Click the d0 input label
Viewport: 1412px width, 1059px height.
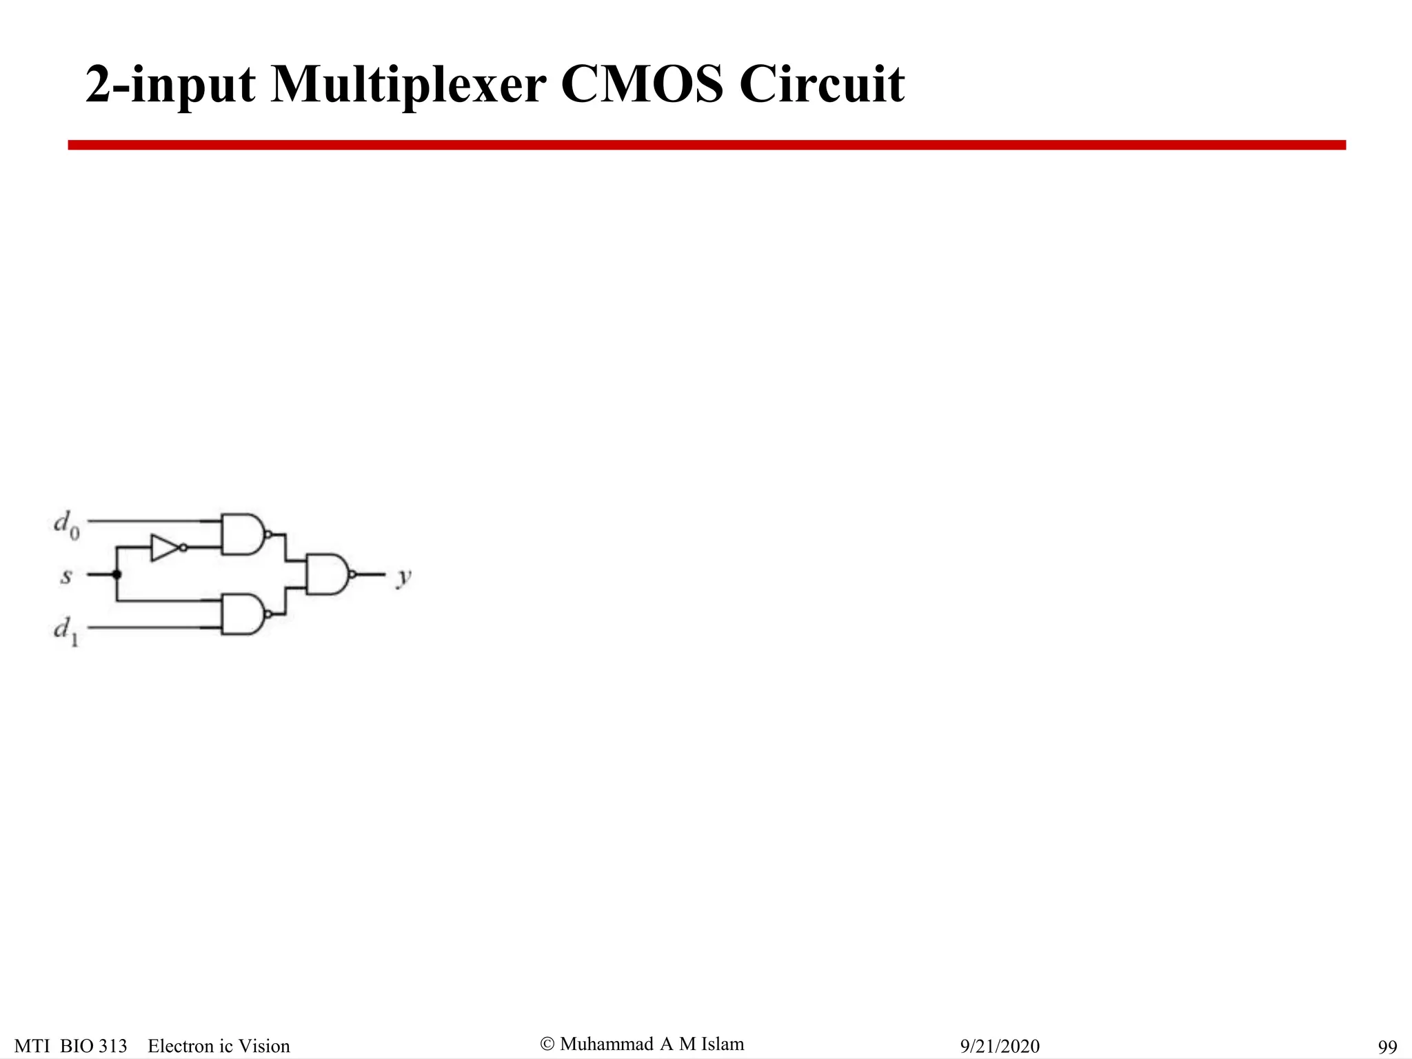tap(66, 525)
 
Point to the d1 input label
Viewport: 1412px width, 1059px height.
tap(66, 630)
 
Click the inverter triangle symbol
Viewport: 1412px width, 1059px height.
tap(165, 547)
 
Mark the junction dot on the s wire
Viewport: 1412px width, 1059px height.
tap(117, 574)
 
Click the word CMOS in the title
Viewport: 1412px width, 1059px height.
tap(642, 84)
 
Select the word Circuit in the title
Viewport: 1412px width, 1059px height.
tap(822, 84)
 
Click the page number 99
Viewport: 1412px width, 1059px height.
tap(1387, 1047)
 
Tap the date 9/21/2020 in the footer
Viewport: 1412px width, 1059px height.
tap(1000, 1046)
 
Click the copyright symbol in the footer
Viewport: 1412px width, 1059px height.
tap(547, 1044)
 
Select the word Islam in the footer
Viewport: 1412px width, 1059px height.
tap(723, 1044)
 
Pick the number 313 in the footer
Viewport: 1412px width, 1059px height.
tap(112, 1046)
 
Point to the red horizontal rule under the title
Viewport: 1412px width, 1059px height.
tap(706, 145)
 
